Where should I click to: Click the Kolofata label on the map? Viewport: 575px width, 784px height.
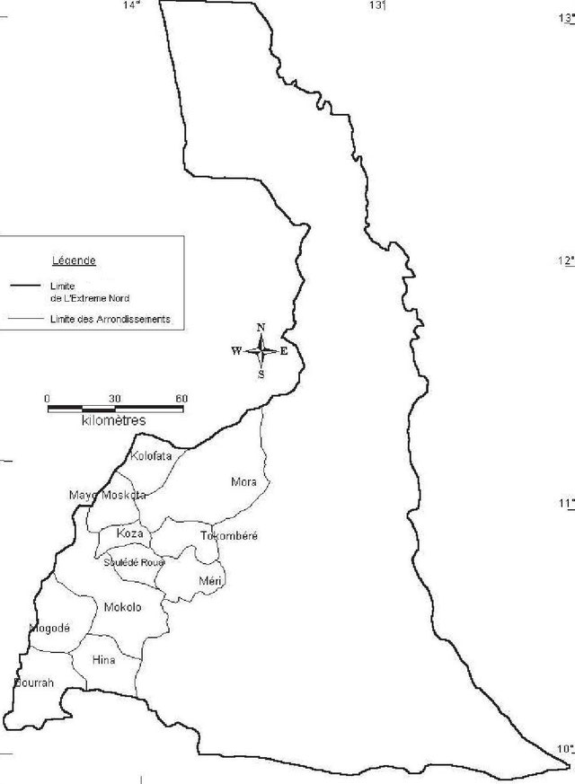151,456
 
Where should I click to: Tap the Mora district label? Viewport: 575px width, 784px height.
243,482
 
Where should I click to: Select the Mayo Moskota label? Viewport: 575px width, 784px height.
107,495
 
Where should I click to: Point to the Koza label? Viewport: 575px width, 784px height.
129,533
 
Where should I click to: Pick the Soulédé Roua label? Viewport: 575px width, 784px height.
134,562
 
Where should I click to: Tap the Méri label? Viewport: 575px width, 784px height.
210,582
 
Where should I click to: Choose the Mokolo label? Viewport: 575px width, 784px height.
122,607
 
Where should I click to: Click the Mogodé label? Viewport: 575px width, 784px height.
49,628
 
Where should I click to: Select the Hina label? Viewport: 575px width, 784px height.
104,660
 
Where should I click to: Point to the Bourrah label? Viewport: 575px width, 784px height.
34,683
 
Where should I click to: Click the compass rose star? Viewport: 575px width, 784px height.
261,351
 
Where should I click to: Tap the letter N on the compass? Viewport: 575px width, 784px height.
261,328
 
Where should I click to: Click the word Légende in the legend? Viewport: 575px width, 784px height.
74,260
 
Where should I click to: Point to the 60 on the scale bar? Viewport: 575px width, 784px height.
181,398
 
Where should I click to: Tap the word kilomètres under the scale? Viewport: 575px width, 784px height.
113,419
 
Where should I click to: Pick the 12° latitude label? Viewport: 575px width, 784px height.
565,260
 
